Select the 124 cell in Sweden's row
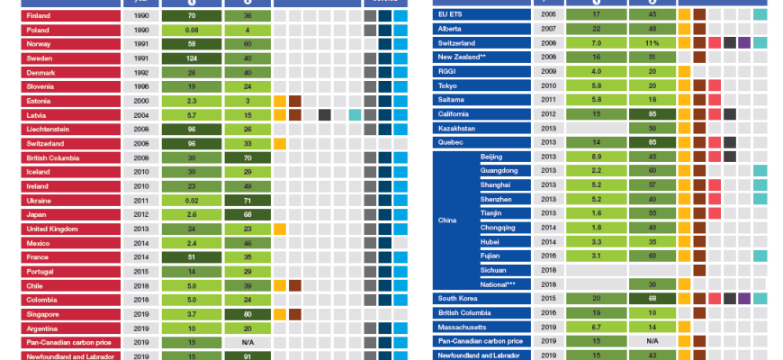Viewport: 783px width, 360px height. pyautogui.click(x=192, y=58)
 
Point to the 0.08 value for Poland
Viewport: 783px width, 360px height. pyautogui.click(x=192, y=30)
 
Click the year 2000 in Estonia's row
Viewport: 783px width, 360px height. pyautogui.click(x=141, y=101)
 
